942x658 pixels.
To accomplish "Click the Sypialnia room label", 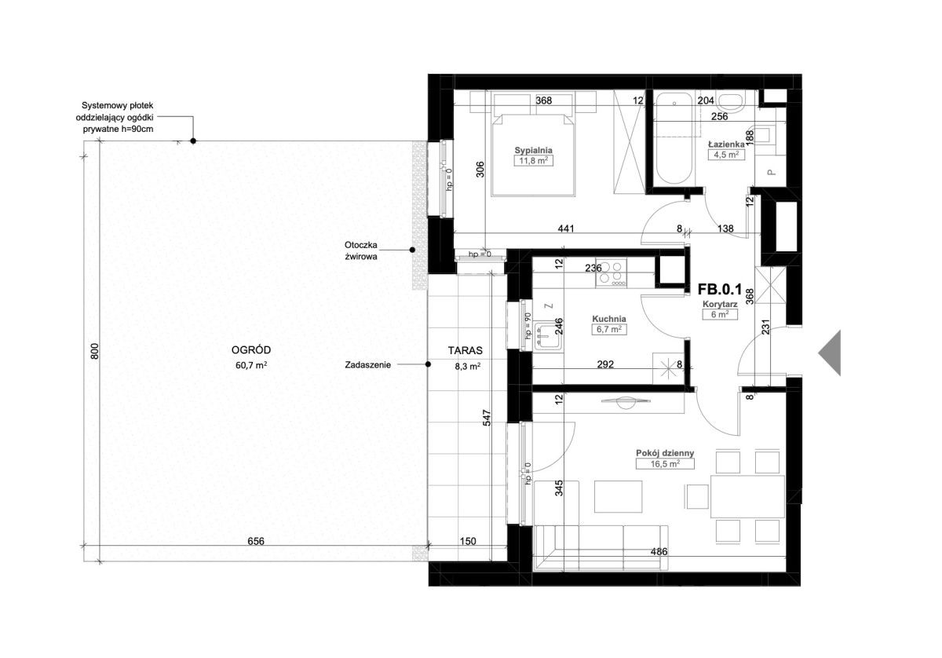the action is click(533, 150).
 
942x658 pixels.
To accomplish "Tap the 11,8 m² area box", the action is click(533, 161).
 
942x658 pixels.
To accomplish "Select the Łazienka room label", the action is click(726, 144).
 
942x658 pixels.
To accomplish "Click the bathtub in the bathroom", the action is click(674, 139).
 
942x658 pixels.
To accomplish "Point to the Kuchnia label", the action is click(609, 319).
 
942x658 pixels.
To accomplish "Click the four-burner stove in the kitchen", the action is click(611, 273).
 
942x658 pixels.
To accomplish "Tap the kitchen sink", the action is click(548, 335).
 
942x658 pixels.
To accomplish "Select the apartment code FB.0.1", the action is click(720, 290).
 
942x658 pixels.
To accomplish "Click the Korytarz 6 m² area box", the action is click(720, 314).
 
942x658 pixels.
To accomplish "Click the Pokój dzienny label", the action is click(665, 453).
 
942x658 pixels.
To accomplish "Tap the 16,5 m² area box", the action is click(665, 463).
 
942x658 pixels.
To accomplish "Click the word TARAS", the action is click(465, 350).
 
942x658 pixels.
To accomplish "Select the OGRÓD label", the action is click(251, 350).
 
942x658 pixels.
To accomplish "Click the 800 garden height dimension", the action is click(95, 351).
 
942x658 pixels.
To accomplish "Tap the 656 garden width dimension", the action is click(256, 541).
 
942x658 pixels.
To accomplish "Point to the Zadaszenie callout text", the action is click(368, 365).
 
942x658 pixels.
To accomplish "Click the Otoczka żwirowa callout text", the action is click(361, 250).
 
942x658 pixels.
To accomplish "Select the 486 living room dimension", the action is click(659, 551).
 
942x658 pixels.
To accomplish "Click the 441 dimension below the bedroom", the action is click(566, 228).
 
